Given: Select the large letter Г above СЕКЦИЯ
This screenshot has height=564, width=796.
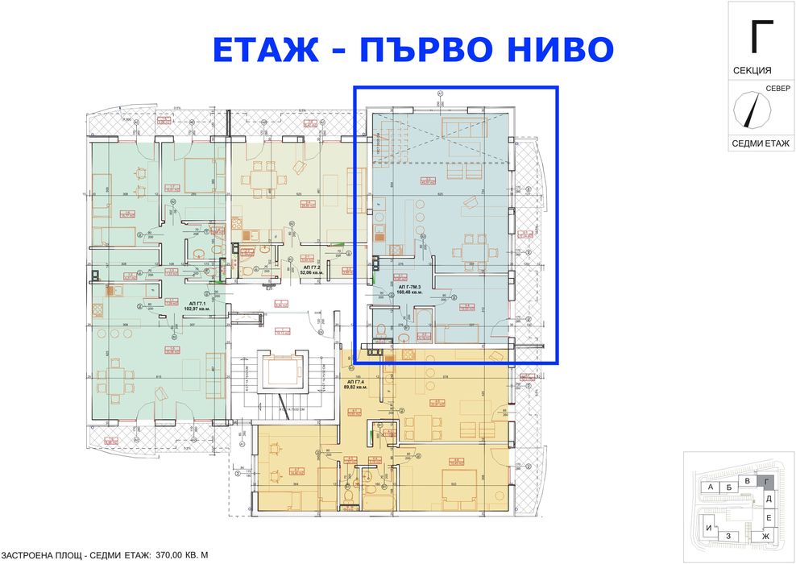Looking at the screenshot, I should (x=761, y=35).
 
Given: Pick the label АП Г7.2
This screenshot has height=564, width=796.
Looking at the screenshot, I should (x=311, y=267).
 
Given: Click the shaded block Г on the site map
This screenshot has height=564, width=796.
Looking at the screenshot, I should (x=767, y=482).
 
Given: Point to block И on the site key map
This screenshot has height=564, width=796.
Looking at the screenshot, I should (x=708, y=528).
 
